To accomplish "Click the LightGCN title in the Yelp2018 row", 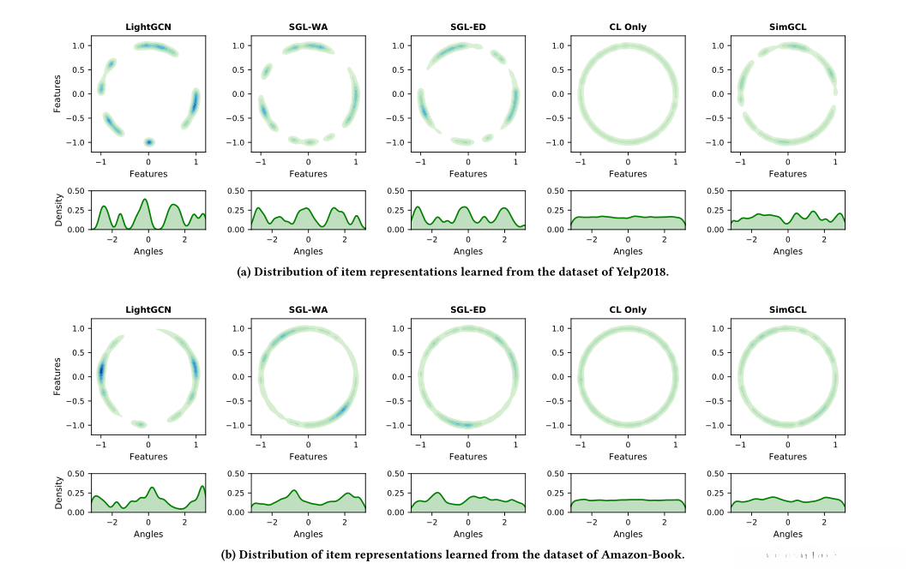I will (148, 27).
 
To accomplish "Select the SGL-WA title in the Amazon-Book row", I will (308, 309).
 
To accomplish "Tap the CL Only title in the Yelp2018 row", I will (628, 27).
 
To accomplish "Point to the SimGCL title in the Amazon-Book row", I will (787, 309).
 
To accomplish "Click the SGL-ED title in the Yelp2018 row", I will (468, 27).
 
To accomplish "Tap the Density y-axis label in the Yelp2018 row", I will (59, 210).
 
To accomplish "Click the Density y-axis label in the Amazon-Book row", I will (59, 493).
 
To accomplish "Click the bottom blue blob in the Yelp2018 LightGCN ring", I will (149, 142).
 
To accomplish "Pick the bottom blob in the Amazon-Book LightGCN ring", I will (138, 424).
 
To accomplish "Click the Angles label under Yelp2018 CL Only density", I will (628, 251).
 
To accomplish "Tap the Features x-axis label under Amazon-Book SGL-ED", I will (468, 457).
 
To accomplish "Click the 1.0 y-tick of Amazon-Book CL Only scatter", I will (556, 328).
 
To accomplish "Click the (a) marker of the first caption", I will (244, 273).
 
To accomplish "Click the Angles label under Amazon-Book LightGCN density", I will (148, 534).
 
